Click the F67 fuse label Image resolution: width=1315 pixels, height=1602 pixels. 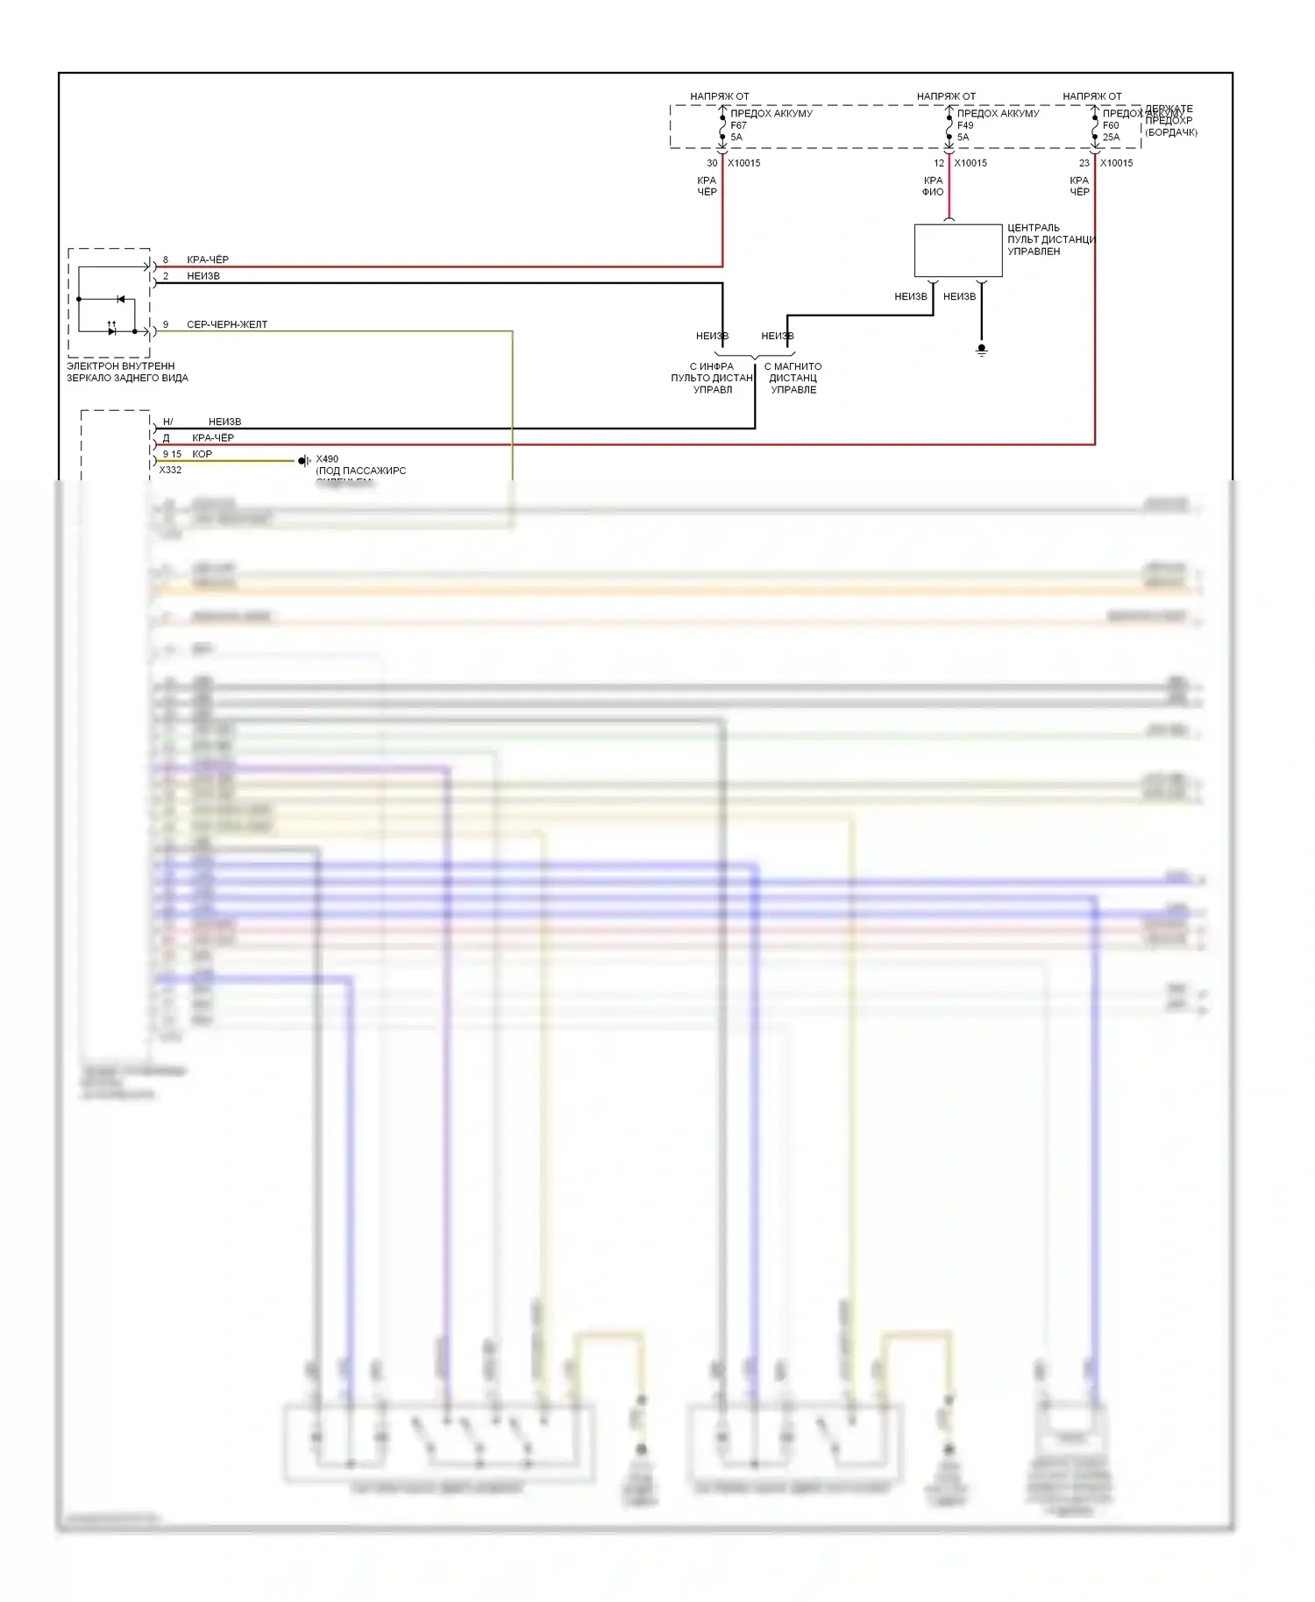738,125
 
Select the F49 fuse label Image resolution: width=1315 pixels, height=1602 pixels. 964,125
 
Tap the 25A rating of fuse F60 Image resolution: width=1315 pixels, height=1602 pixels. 1111,138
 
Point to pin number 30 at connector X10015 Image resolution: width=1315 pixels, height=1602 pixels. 712,163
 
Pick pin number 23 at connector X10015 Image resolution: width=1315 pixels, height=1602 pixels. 1084,163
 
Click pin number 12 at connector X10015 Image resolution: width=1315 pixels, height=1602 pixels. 939,163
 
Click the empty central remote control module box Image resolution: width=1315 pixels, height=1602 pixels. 957,251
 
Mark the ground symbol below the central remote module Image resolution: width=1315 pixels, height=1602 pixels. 982,350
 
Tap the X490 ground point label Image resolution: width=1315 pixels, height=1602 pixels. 327,459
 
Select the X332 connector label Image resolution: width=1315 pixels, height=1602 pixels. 170,471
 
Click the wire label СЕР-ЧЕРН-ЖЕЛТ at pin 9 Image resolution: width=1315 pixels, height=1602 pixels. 227,324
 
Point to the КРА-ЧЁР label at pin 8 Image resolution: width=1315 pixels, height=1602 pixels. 208,259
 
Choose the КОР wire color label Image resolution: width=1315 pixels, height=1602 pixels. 202,454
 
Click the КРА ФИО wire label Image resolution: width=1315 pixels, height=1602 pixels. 933,186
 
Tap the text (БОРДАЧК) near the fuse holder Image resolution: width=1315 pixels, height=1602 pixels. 1170,132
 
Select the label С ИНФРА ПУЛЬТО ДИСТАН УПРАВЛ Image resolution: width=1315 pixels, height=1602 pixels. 712,378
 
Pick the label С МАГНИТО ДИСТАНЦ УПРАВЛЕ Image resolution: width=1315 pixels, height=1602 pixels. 793,378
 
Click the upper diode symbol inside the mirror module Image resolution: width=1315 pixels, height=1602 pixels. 120,300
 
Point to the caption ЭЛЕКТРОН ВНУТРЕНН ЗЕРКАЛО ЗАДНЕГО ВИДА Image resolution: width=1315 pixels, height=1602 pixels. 127,372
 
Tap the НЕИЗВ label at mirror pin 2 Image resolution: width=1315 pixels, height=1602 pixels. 203,276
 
